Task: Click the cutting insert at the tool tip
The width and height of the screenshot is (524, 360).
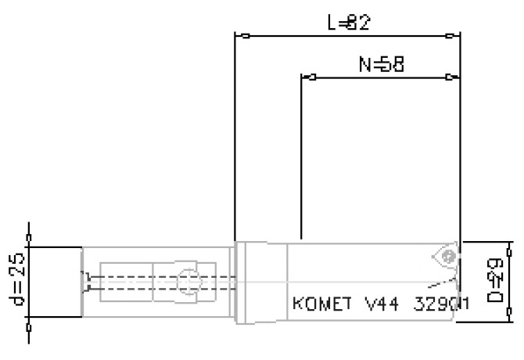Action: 443,257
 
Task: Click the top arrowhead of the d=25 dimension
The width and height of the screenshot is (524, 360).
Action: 30,247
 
